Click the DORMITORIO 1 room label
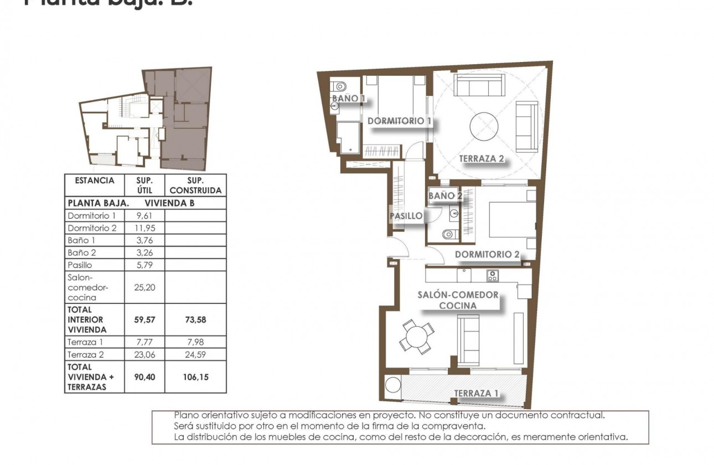pyautogui.click(x=399, y=121)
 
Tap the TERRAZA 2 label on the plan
pyautogui.click(x=481, y=159)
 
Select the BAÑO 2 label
pyautogui.click(x=445, y=195)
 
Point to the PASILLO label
pyautogui.click(x=406, y=216)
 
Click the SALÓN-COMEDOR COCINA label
pyautogui.click(x=458, y=300)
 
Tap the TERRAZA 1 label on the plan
pyautogui.click(x=476, y=394)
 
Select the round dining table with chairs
pyautogui.click(x=417, y=335)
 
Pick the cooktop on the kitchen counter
pyautogui.click(x=492, y=275)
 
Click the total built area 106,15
pyautogui.click(x=196, y=376)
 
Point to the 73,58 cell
pyautogui.click(x=196, y=319)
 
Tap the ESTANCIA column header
pyautogui.click(x=94, y=180)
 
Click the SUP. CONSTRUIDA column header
pyautogui.click(x=196, y=185)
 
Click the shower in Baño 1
pyautogui.click(x=348, y=137)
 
